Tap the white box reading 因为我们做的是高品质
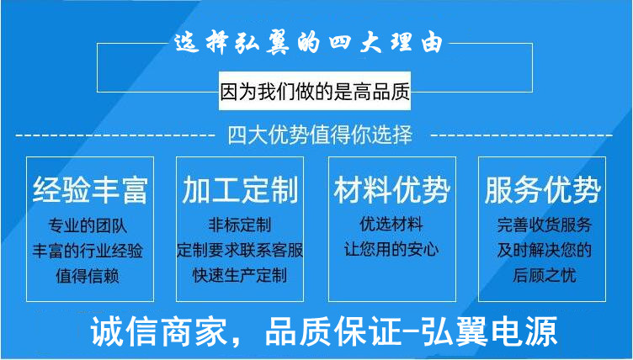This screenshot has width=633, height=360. tap(315, 93)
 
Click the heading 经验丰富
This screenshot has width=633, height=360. tap(90, 190)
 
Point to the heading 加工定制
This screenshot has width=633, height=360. tap(240, 190)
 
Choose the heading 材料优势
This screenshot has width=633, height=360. tap(391, 190)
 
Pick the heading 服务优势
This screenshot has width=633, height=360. tap(542, 190)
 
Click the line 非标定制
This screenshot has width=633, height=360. tap(240, 225)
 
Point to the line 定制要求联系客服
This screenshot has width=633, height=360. tap(240, 251)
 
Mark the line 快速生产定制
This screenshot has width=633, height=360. tap(240, 275)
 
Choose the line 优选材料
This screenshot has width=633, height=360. tap(391, 225)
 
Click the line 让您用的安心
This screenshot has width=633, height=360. tap(391, 250)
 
